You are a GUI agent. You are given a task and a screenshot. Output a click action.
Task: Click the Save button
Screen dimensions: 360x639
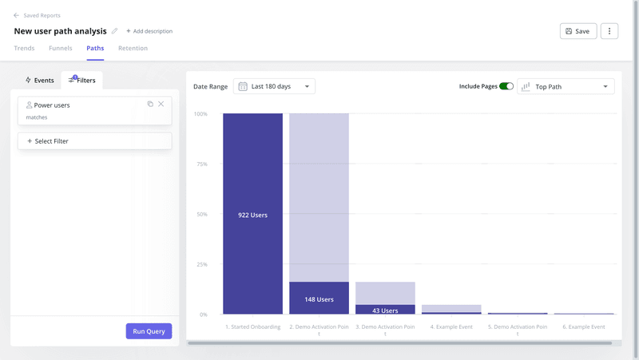[577, 31]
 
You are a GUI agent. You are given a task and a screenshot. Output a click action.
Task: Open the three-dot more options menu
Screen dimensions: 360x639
[609, 31]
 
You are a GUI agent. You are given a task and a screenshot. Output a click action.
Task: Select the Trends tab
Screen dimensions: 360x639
[24, 49]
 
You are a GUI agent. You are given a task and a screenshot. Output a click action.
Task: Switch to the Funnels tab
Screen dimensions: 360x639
[60, 49]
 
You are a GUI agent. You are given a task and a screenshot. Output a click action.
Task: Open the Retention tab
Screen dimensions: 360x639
[133, 49]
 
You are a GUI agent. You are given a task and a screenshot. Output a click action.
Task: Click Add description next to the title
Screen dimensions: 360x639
[149, 31]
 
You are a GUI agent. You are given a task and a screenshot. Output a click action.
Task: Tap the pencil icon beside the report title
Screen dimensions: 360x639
[114, 31]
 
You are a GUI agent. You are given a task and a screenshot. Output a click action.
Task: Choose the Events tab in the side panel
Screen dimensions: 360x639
[39, 81]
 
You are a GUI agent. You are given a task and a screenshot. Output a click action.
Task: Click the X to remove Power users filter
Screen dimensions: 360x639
[161, 104]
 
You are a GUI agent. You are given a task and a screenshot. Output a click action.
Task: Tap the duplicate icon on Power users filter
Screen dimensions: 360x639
[150, 104]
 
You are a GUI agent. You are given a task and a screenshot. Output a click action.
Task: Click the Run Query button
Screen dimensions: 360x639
[149, 331]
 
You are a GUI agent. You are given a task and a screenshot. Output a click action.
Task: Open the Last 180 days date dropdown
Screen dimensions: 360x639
[274, 86]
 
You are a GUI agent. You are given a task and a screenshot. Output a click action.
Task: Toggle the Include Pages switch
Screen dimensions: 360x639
[506, 86]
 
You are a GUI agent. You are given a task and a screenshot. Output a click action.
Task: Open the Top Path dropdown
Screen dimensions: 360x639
[566, 86]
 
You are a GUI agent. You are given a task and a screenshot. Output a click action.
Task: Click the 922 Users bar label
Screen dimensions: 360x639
[252, 215]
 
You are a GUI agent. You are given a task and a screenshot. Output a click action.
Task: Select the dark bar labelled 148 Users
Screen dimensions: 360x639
[319, 299]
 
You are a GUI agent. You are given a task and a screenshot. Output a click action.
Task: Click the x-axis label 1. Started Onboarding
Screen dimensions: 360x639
[252, 326]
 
